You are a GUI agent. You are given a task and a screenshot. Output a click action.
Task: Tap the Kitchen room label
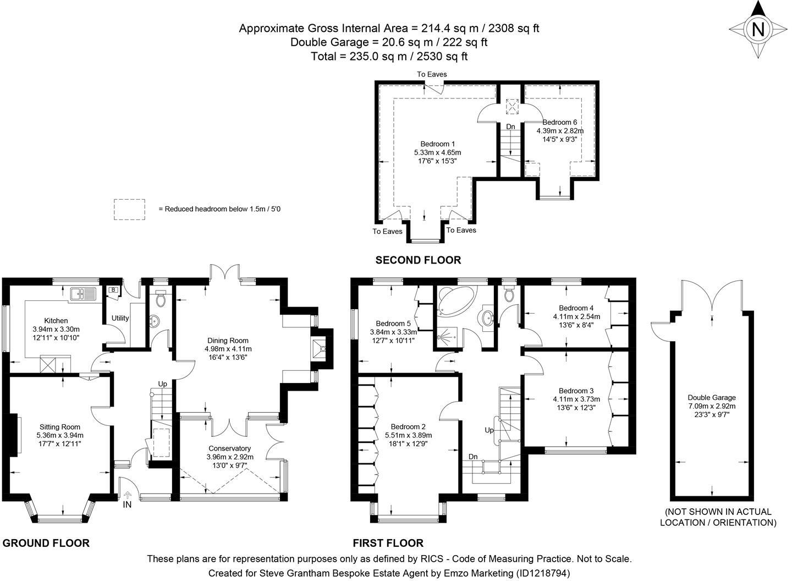coord(56,321)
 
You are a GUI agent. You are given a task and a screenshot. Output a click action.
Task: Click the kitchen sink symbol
coord(82,293)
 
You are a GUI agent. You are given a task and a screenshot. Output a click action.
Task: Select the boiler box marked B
coord(114,289)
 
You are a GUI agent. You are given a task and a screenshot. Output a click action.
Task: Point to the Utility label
coord(120,318)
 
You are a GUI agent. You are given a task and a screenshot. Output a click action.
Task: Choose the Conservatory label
coord(229,448)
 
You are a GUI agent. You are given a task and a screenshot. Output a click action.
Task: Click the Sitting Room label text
coord(59,427)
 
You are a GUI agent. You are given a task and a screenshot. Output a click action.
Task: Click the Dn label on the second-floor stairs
coord(510,127)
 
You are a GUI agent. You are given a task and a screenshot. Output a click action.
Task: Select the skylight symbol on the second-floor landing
coord(512,106)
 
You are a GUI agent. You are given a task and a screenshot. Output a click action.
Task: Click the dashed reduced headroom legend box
coord(129,210)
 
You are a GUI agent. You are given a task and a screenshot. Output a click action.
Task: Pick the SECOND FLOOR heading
coord(418,260)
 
